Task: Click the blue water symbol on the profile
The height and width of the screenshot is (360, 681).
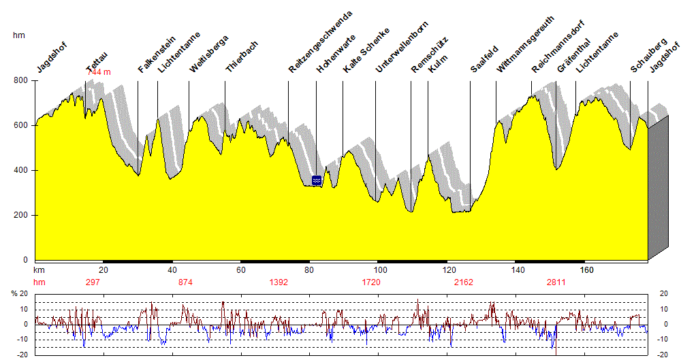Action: [316, 180]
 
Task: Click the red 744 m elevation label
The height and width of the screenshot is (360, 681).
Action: [99, 71]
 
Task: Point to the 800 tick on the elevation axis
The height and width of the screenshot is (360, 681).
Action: [22, 81]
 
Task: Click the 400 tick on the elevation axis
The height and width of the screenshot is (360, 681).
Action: [22, 171]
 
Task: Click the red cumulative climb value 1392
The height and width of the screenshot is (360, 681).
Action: [279, 282]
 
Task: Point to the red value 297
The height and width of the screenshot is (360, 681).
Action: [93, 282]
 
